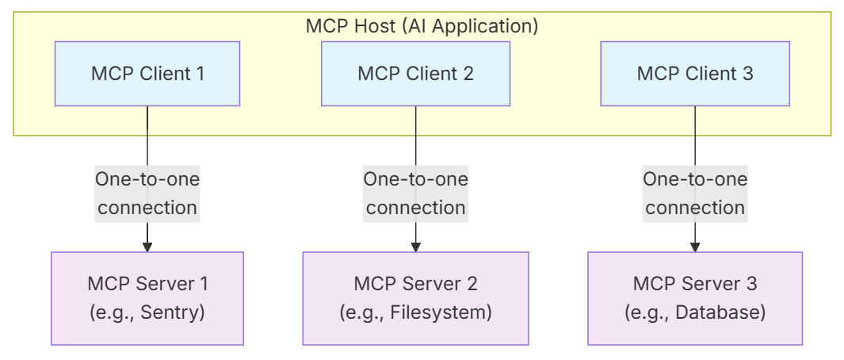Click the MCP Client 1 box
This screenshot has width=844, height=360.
point(147,74)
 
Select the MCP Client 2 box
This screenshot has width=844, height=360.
point(415,74)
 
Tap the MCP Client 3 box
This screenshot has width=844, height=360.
point(695,74)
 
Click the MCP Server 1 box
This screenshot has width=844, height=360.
point(147,298)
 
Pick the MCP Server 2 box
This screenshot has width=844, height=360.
point(415,298)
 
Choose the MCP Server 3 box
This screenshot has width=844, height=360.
point(695,298)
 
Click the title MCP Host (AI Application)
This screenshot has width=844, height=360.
point(422,25)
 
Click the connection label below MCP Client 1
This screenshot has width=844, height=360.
point(147,193)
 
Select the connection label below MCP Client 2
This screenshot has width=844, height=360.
point(415,193)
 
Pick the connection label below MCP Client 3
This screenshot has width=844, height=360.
point(695,193)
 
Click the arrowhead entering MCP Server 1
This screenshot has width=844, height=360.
point(147,247)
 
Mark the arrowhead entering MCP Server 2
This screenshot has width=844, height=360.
point(415,247)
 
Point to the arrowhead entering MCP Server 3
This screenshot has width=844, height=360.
point(695,247)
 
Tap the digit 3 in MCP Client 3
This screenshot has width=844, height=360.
point(747,74)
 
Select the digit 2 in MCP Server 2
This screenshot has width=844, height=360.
point(472,283)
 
